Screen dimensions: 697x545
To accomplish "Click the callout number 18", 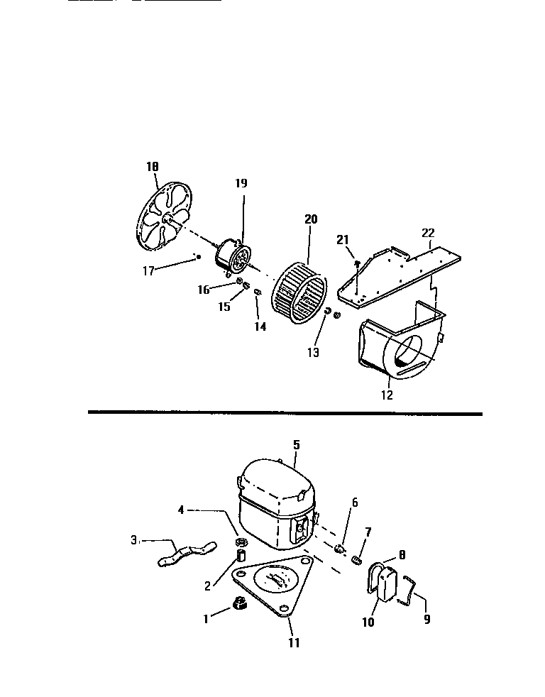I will coord(152,167).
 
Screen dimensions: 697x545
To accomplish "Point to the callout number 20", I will coord(310,219).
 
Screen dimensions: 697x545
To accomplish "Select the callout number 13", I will coord(313,352).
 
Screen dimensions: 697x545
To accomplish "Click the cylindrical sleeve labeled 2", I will coord(241,554).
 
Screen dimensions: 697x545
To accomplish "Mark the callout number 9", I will coord(426,618).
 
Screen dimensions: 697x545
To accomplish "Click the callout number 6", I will coord(355,503).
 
